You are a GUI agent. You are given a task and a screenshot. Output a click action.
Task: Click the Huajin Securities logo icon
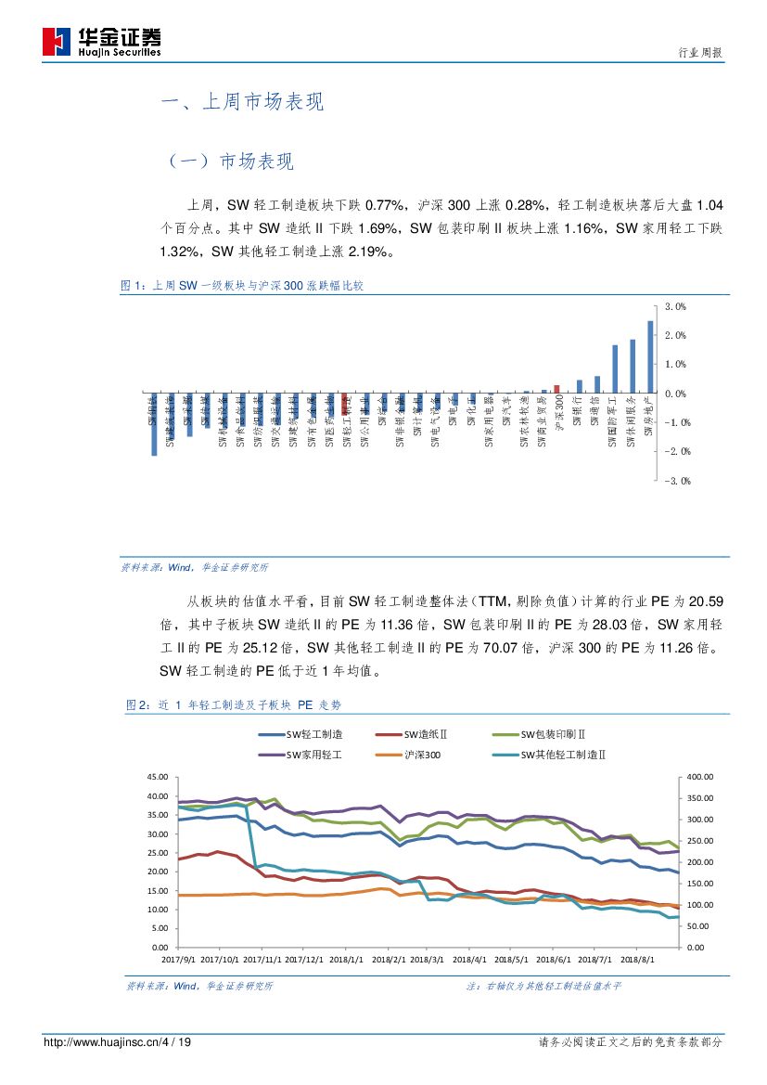57,40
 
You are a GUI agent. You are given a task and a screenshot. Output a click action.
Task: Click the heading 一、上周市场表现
242,103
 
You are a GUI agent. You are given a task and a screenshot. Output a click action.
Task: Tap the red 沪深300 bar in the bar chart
556,389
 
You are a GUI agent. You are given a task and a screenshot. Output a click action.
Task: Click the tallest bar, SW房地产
650,356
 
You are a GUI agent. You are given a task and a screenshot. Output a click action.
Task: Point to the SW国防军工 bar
615,368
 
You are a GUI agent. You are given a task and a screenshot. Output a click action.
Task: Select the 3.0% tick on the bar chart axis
675,306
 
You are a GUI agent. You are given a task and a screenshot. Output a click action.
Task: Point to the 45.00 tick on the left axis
158,777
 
